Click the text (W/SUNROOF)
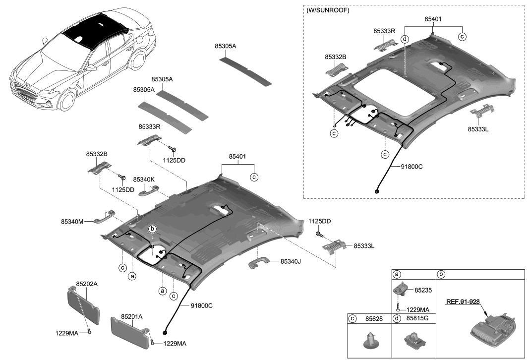click(x=328, y=10)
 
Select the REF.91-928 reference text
click(x=463, y=301)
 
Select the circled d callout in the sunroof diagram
click(x=405, y=39)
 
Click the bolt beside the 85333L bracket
click(x=320, y=234)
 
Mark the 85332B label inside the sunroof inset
click(x=336, y=57)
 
